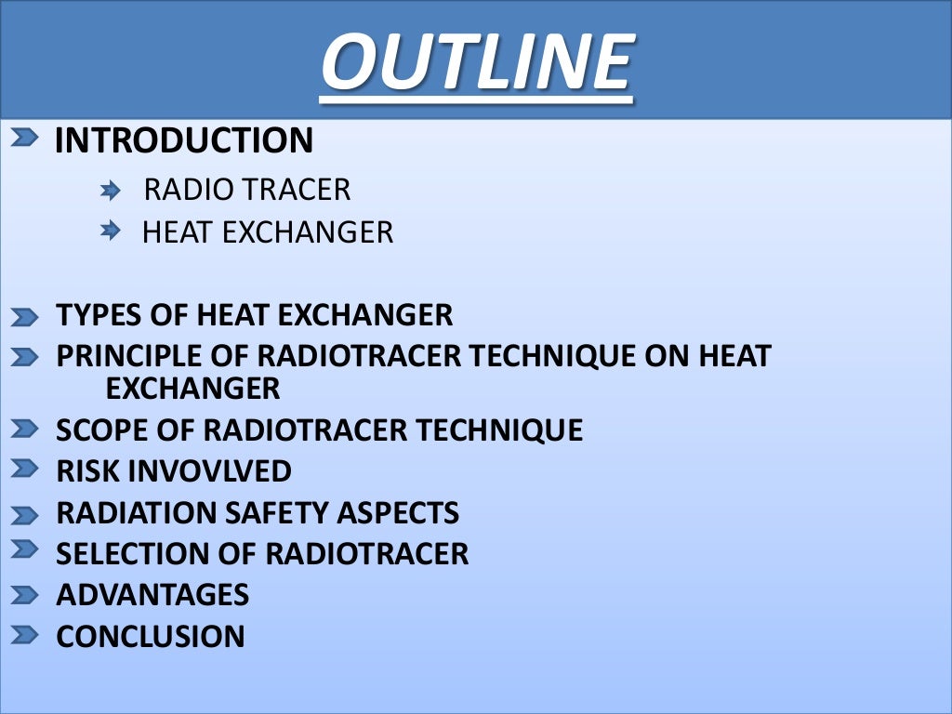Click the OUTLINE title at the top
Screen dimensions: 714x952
[x=477, y=62]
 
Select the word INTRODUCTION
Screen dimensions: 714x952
[x=184, y=141]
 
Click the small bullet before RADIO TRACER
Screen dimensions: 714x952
[x=112, y=191]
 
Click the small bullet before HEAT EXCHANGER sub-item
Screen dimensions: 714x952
[x=112, y=230]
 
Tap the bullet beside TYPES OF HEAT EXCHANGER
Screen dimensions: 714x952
[x=25, y=318]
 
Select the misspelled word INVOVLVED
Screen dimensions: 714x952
[x=209, y=471]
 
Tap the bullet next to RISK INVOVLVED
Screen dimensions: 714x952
[x=25, y=469]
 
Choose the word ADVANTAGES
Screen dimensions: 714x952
[x=152, y=595]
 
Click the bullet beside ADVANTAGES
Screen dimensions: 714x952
[x=25, y=595]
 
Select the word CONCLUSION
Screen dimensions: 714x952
[x=151, y=637]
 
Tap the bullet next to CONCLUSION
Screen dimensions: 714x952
[x=25, y=636]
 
